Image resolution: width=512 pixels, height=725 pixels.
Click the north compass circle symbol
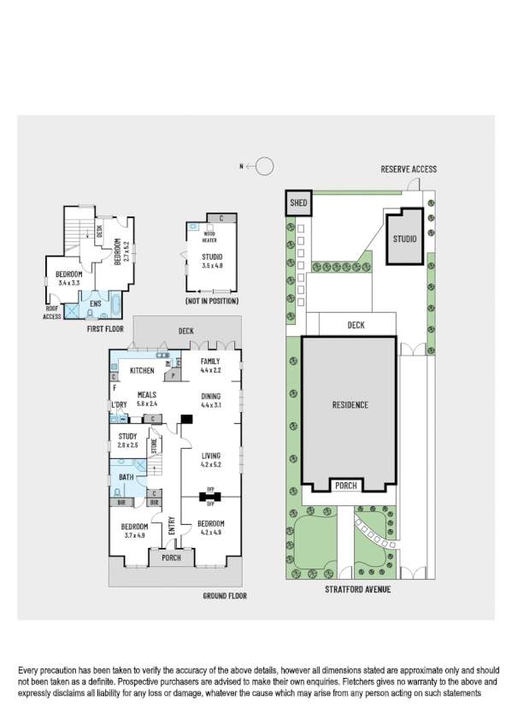pyautogui.click(x=266, y=166)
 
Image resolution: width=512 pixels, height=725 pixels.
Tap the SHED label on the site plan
pyautogui.click(x=298, y=203)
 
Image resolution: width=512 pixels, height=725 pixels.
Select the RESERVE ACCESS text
pyautogui.click(x=409, y=169)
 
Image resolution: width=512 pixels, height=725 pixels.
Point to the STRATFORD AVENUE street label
pyautogui.click(x=357, y=589)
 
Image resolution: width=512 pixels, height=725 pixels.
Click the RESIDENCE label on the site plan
pyautogui.click(x=350, y=404)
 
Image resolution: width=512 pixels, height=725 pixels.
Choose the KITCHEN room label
pyautogui.click(x=141, y=370)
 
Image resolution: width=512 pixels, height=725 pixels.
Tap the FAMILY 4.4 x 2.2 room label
pyautogui.click(x=210, y=366)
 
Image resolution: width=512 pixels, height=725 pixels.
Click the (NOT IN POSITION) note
pyautogui.click(x=211, y=301)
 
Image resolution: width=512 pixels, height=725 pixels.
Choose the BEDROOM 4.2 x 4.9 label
pyautogui.click(x=210, y=527)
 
